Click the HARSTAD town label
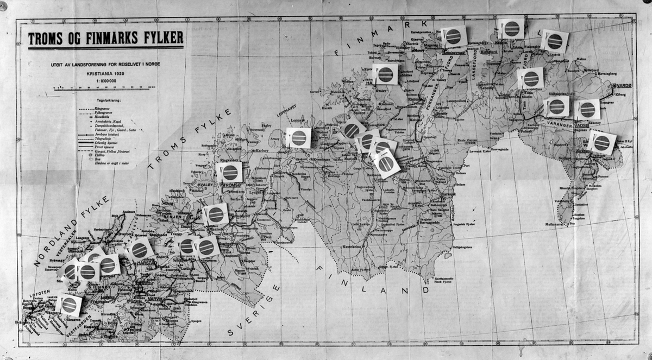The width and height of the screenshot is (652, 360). pos(147,263)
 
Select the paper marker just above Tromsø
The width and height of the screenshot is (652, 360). pos(229,172)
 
